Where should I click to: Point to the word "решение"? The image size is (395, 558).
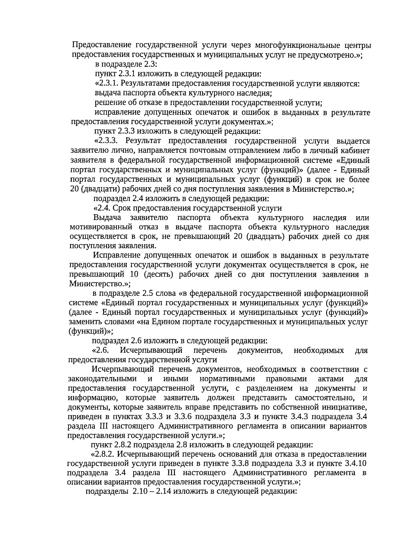click(107, 103)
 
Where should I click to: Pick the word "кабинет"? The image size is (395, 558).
click(355, 151)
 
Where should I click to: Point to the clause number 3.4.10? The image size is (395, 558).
click(354, 464)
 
